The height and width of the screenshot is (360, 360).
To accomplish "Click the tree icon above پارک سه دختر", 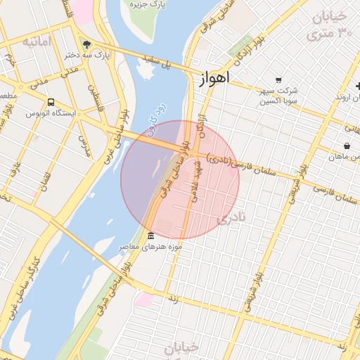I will tap(86, 43).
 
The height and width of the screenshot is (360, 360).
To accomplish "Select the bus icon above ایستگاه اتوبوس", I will tap(51, 101).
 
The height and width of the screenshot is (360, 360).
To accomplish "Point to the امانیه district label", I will tap(37, 41).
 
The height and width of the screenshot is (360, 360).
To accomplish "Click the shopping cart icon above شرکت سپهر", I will tap(278, 79).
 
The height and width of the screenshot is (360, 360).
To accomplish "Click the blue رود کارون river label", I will tap(155, 117).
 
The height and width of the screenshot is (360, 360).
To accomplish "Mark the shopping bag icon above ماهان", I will tap(347, 145).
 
